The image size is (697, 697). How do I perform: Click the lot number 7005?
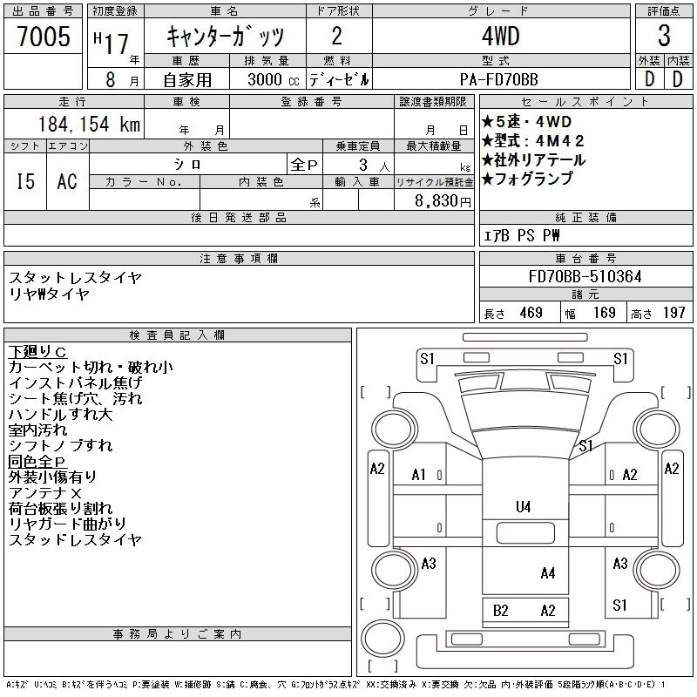coord(44,36)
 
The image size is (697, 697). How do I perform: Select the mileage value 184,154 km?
coord(89,124)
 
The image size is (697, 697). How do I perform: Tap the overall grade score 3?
coord(664,36)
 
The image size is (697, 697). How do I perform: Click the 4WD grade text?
coord(500,36)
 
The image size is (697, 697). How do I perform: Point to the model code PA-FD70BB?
coord(498,79)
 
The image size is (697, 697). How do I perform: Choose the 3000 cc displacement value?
coord(274,79)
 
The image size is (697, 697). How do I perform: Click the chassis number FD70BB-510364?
coord(585,276)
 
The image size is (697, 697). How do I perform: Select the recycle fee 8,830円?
coord(443,200)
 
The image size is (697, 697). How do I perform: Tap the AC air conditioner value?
coord(67,181)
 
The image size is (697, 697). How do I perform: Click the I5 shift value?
coord(25,181)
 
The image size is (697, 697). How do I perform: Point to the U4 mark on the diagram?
coord(524,507)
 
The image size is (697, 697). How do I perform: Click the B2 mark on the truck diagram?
coord(500,611)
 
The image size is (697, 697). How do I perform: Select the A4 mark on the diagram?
coord(548,573)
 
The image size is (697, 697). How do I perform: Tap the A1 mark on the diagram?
coord(419,475)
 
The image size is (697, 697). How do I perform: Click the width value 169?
coord(604,313)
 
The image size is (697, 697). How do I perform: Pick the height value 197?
coord(673,313)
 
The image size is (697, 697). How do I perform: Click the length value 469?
coord(531,313)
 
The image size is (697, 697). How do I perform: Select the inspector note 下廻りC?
coord(37,352)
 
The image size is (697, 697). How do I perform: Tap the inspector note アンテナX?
coord(45,492)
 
